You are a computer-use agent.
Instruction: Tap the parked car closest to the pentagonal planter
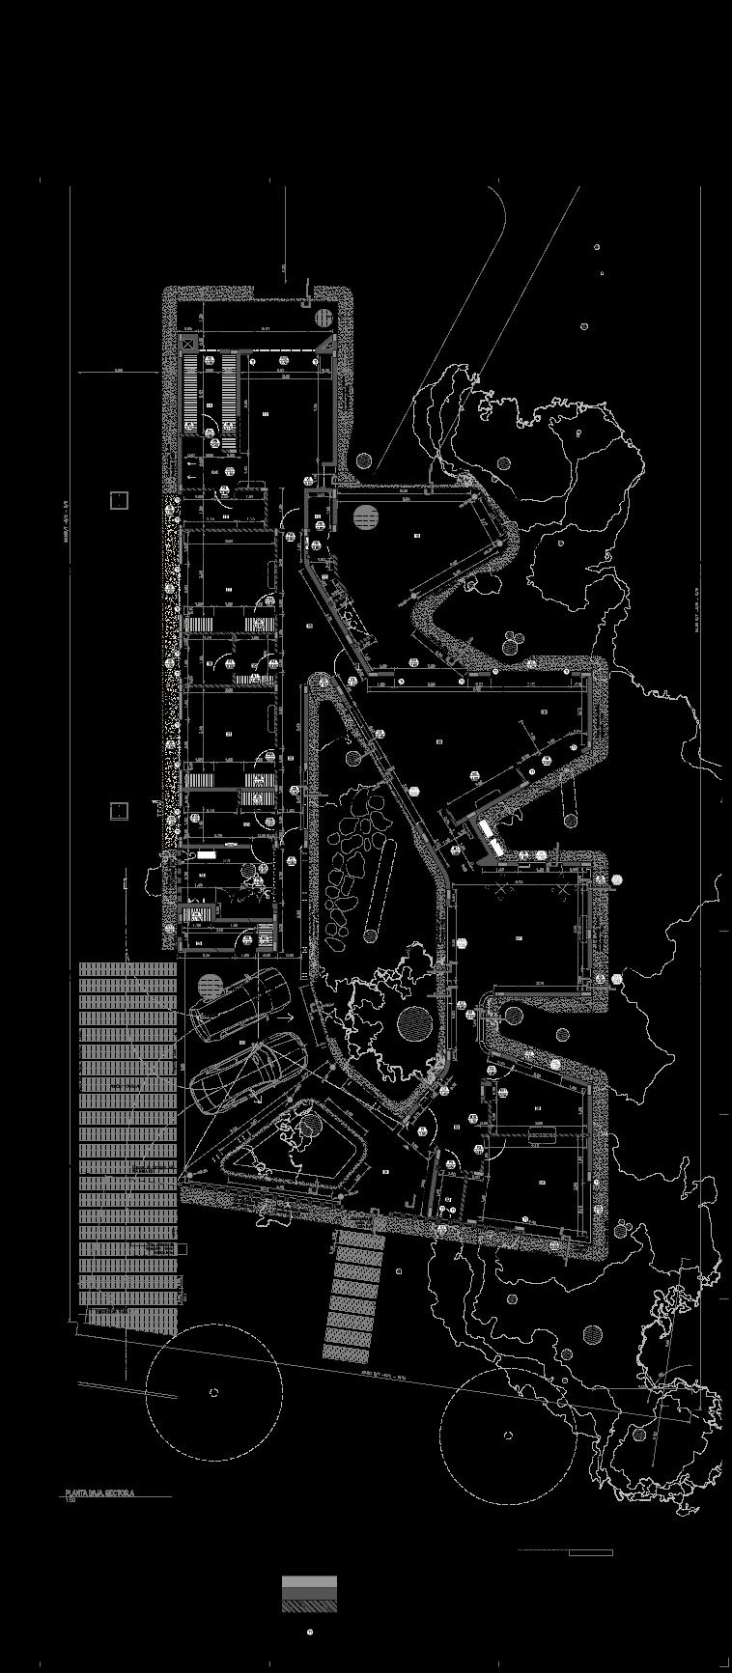point(246,1074)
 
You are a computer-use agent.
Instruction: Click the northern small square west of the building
point(119,500)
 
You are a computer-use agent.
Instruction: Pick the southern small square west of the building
point(119,811)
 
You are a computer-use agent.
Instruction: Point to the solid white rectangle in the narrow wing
point(206,855)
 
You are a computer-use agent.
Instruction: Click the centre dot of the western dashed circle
point(213,1392)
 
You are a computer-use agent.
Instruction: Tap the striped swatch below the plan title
point(309,1594)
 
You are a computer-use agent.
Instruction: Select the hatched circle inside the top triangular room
point(364,517)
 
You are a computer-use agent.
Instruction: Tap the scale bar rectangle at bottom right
point(590,1552)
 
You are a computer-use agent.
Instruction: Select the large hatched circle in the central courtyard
point(414,1022)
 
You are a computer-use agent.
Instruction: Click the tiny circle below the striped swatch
point(310,1631)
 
